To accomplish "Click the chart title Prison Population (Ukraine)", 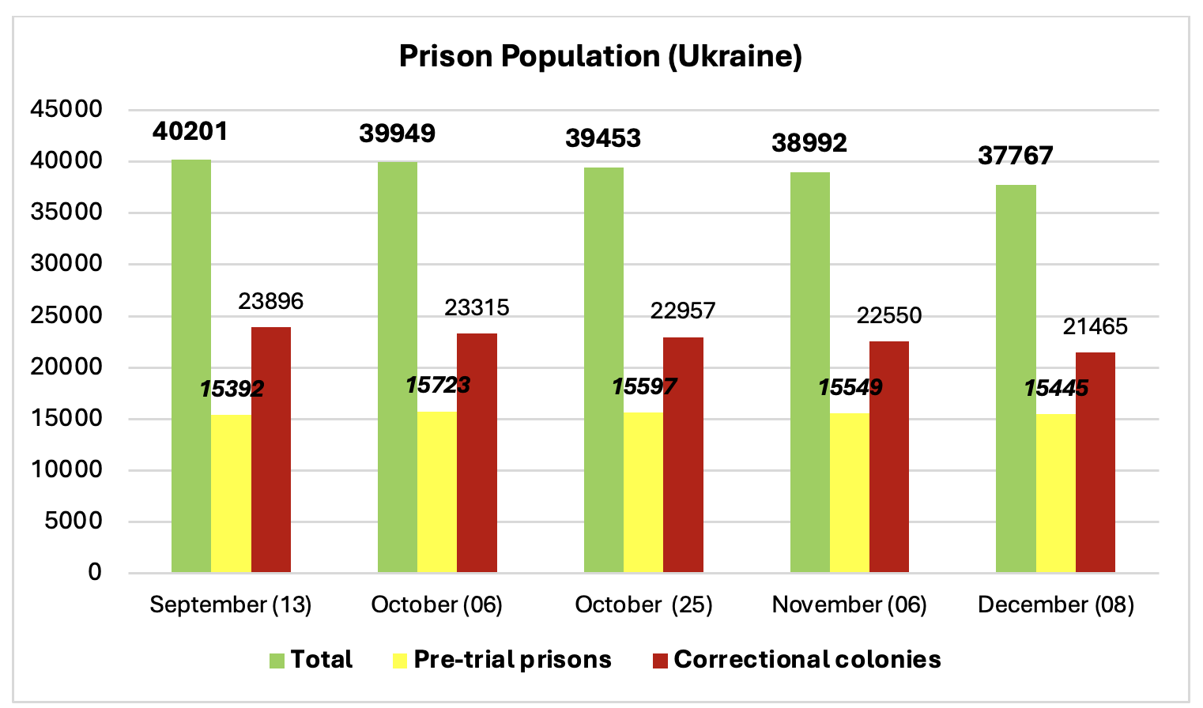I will (x=600, y=57).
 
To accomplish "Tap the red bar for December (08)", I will (x=1095, y=461).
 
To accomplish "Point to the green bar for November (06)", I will (x=809, y=371).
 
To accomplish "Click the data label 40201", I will (x=190, y=131).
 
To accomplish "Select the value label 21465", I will (x=1095, y=326).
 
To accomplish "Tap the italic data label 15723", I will (x=437, y=386).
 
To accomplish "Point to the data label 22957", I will (x=682, y=311).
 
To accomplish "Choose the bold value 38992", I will (x=809, y=143).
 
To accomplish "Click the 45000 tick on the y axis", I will (x=66, y=109).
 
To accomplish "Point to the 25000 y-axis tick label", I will (x=66, y=315).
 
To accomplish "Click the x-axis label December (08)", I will (x=1055, y=604).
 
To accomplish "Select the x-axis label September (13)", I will (x=231, y=604).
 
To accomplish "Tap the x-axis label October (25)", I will (x=643, y=604).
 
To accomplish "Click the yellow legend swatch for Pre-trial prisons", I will (x=400, y=661).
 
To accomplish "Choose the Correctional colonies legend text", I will (x=807, y=660).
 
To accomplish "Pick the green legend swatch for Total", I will (x=277, y=661).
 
